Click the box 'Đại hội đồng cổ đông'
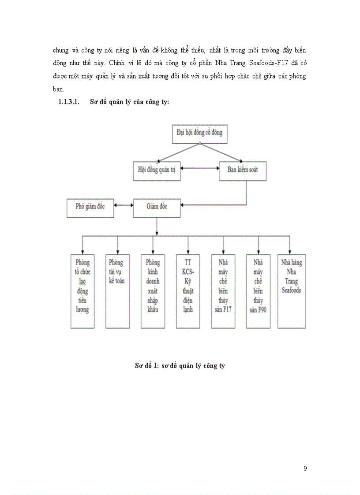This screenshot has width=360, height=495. pyautogui.click(x=199, y=133)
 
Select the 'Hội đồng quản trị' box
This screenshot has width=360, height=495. pyautogui.click(x=157, y=171)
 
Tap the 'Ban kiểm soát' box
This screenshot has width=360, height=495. pyautogui.click(x=242, y=171)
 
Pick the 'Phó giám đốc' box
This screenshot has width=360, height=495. pyautogui.click(x=90, y=207)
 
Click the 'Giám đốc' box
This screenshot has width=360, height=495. pyautogui.click(x=157, y=207)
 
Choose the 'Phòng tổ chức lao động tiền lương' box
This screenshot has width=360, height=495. pyautogui.click(x=82, y=291)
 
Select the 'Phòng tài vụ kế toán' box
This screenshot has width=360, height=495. pyautogui.click(x=117, y=291)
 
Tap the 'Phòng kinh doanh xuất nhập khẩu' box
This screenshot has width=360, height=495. pyautogui.click(x=153, y=291)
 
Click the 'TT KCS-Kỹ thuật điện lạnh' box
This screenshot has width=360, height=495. pyautogui.click(x=188, y=291)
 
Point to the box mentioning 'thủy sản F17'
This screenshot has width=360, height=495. pyautogui.click(x=223, y=291)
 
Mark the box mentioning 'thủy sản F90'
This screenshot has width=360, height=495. pyautogui.click(x=258, y=291)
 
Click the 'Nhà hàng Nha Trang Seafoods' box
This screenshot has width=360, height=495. pyautogui.click(x=291, y=291)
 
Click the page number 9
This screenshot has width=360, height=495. pyautogui.click(x=305, y=469)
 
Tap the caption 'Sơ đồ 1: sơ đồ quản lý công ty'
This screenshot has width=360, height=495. pyautogui.click(x=180, y=365)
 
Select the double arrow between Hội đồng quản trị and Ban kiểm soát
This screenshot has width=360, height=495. pyautogui.click(x=200, y=168)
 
